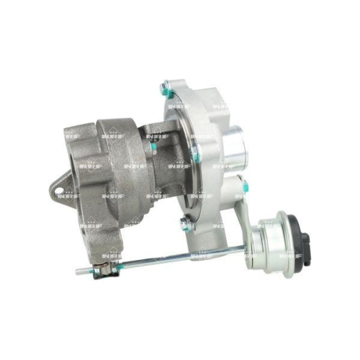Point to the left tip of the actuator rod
tap(78, 271)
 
